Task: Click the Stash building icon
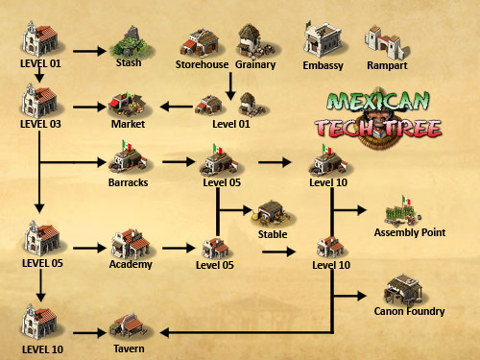point(129,43)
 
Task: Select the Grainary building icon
point(252,39)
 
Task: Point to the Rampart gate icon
point(386,41)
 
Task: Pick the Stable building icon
point(273,214)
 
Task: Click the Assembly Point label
point(410,232)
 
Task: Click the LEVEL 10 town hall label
point(38,348)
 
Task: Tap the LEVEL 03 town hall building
point(39,103)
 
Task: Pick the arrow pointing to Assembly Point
point(349,207)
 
